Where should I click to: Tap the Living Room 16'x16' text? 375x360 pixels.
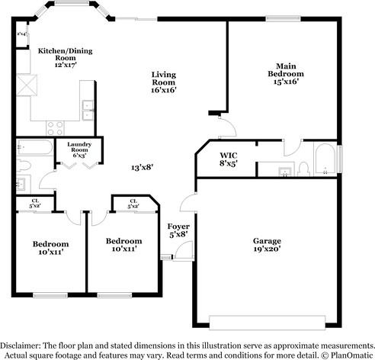coord(164,82)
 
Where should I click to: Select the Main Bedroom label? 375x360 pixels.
coord(286,73)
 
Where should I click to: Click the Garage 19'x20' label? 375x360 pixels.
coord(267,244)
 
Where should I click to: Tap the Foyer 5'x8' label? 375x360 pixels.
coord(178,230)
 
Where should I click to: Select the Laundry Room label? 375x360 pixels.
coord(79,149)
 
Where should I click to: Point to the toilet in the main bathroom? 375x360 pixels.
coord(303,167)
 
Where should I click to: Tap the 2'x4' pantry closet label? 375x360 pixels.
coord(21,34)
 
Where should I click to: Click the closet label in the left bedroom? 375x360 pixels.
coord(34,204)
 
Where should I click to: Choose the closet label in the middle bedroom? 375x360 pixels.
coord(133,204)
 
